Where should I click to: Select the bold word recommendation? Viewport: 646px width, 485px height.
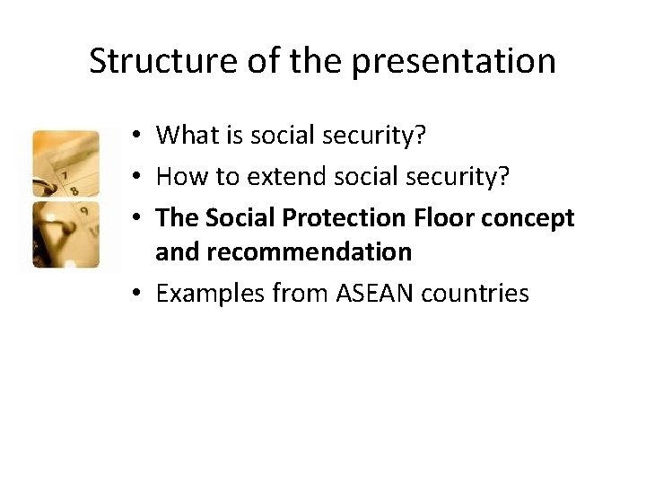pos(284,252)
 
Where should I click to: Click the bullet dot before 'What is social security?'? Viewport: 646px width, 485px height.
pos(132,136)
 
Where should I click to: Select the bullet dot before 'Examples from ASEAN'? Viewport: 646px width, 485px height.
pos(132,294)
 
